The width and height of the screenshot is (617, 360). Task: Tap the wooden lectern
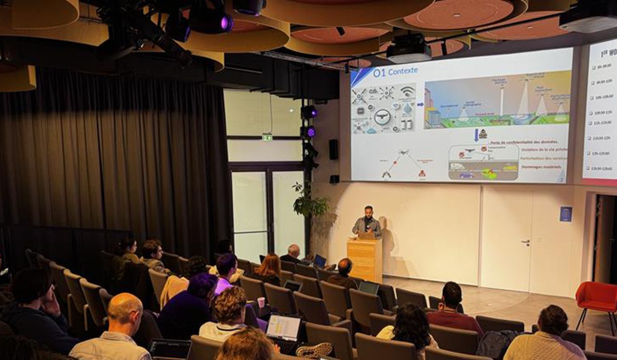tap(365, 260)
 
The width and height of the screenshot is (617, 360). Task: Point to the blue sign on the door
tap(566, 213)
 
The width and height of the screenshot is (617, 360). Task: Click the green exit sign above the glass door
tap(267, 137)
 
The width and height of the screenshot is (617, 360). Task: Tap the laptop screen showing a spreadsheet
tap(283, 327)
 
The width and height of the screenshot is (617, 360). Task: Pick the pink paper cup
tap(261, 302)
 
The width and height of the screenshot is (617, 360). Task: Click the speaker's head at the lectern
tap(369, 211)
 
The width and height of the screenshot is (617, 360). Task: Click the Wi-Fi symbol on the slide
tap(408, 91)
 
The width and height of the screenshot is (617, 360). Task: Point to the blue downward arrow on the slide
tap(476, 135)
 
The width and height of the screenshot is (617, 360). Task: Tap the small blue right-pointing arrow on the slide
tap(420, 104)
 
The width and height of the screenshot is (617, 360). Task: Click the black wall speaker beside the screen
tap(334, 149)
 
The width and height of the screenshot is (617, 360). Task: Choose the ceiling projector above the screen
tap(409, 50)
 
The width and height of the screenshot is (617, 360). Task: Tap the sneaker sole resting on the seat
tap(314, 350)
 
